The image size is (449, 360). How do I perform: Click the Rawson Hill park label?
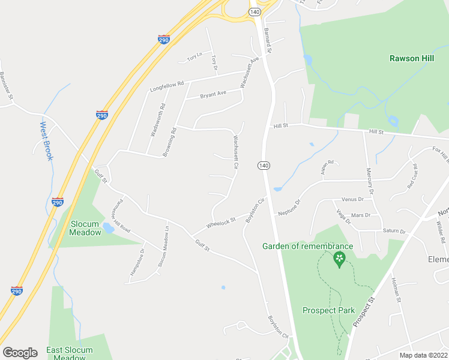[x=411, y=58]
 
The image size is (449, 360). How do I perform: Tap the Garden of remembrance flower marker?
[x=339, y=259]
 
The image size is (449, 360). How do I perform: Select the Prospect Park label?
[x=328, y=310]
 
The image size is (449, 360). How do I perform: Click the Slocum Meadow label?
[x=85, y=228]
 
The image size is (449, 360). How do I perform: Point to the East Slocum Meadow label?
[x=70, y=353]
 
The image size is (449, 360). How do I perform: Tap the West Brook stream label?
[x=47, y=142]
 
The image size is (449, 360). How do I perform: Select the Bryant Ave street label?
[x=213, y=94]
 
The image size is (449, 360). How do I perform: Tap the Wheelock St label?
[x=221, y=223]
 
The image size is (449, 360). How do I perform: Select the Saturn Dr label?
[x=394, y=230]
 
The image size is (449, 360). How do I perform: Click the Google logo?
[x=20, y=353]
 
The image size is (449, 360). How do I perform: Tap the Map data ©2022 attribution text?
[x=423, y=355]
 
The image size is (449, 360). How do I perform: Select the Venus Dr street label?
[x=352, y=199]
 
